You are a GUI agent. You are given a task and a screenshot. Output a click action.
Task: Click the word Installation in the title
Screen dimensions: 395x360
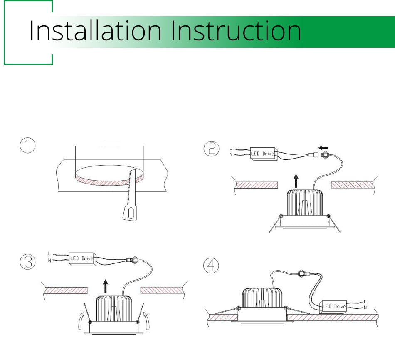95,31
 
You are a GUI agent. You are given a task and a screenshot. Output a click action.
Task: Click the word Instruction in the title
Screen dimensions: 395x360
236,31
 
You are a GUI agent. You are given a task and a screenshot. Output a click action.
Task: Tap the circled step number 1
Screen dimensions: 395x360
27,145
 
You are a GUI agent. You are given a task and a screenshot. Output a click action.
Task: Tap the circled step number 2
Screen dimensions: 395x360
211,149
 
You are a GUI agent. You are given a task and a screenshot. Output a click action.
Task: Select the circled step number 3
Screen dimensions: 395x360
27,262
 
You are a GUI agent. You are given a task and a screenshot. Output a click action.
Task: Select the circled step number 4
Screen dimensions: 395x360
211,265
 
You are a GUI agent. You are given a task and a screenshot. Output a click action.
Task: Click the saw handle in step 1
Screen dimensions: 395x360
130,213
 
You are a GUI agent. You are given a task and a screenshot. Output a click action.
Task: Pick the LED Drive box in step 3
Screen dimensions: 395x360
82,258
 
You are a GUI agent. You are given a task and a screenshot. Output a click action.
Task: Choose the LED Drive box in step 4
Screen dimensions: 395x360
333,307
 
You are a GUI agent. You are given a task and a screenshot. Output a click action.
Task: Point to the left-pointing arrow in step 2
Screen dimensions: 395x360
323,148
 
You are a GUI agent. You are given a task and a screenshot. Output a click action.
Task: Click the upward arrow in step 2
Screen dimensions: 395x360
296,181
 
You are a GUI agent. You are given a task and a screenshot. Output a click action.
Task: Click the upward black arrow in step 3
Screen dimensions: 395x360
106,286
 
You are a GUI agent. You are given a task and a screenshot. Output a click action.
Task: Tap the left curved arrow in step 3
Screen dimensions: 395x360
81,321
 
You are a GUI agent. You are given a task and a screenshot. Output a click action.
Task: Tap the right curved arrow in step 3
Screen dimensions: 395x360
146,321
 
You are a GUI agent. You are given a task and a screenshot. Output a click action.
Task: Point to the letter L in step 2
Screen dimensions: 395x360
231,148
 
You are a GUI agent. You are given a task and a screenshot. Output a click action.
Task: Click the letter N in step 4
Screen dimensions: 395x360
365,308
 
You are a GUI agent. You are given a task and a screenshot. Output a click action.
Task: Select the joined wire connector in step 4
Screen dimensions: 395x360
304,273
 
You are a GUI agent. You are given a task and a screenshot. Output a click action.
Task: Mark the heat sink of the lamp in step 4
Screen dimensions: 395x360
262,298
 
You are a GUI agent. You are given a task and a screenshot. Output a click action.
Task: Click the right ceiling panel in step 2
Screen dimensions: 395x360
352,185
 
